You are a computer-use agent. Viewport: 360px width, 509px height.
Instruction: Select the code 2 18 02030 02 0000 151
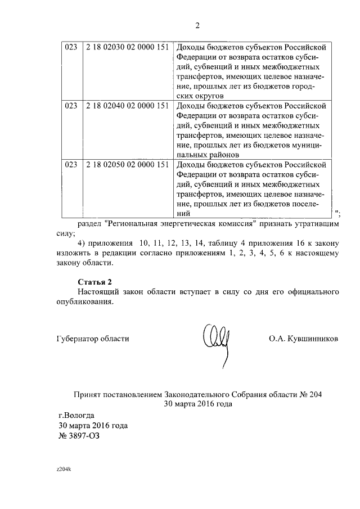click(128, 47)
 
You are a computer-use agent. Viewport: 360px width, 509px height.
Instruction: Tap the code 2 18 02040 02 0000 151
click(128, 105)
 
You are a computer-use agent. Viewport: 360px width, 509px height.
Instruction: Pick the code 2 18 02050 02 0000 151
click(128, 164)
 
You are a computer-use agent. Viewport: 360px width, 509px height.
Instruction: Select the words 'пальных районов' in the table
click(208, 154)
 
